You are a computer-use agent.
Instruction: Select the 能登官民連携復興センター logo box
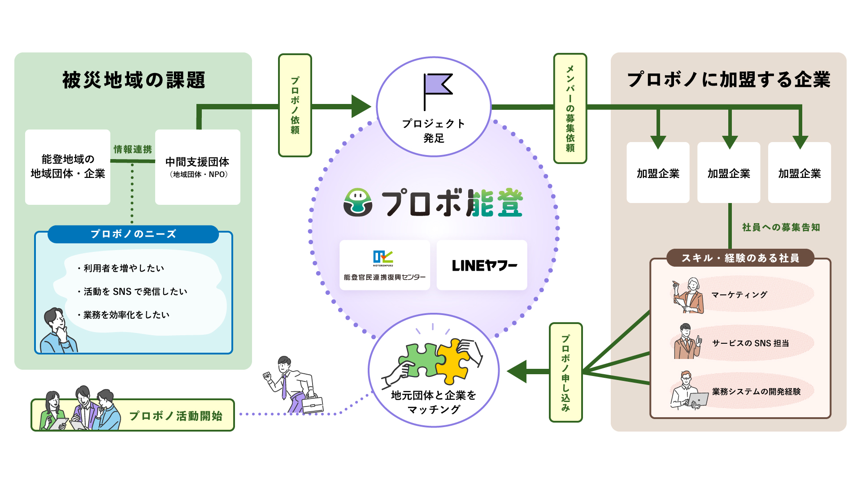click(x=385, y=265)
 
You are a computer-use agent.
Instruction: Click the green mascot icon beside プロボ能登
click(x=358, y=203)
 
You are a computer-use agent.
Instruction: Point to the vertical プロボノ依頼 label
click(x=295, y=105)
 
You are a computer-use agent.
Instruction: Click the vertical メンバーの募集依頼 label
click(x=570, y=108)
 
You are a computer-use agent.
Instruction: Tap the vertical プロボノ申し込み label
click(x=565, y=372)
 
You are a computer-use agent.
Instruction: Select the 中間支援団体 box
click(x=197, y=167)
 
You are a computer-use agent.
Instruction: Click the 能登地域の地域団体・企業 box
click(x=68, y=167)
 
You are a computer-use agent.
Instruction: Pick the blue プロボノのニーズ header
click(x=133, y=234)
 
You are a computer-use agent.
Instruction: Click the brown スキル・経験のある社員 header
click(x=740, y=258)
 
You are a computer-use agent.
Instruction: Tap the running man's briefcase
click(x=312, y=404)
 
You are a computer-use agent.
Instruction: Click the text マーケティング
click(x=739, y=295)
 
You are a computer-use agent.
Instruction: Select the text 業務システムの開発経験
click(x=756, y=392)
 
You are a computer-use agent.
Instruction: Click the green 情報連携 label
click(x=133, y=149)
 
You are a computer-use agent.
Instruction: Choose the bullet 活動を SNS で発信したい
click(x=135, y=292)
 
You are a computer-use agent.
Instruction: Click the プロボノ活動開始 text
click(x=176, y=416)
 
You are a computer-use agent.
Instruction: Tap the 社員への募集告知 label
click(x=781, y=228)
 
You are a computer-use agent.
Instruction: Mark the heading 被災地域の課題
click(x=134, y=81)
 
